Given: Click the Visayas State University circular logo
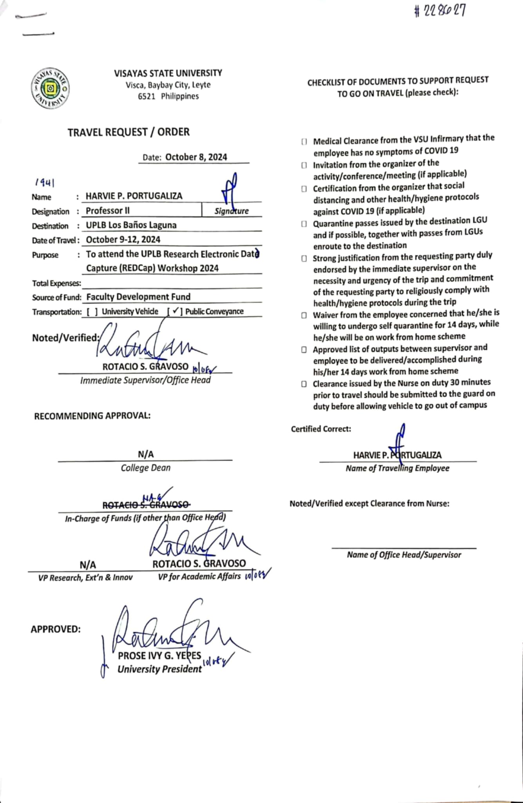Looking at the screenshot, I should tap(51, 89).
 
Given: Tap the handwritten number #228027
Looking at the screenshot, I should tap(440, 11).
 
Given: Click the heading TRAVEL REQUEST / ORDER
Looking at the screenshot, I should tap(128, 132).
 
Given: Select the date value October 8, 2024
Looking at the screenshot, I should tap(196, 157).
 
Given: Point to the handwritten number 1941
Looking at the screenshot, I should tap(44, 183).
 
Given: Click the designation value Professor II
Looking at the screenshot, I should tap(108, 211).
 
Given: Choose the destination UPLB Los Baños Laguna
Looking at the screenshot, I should tap(131, 225).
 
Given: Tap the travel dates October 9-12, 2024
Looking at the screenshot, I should tap(123, 240).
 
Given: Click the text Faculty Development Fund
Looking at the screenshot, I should tap(138, 297).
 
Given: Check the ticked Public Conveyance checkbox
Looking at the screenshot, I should tap(175, 311).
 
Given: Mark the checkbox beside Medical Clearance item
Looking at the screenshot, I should tap(304, 142).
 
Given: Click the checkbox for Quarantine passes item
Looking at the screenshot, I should tap(304, 224).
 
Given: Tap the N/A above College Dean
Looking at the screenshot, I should tap(146, 454).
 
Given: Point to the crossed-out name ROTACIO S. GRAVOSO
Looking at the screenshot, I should tap(146, 505).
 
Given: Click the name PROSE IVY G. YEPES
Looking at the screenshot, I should tap(159, 656).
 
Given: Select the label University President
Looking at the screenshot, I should tap(159, 669).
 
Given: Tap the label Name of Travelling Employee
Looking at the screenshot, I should tap(397, 468).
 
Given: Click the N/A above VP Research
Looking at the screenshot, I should tap(88, 565).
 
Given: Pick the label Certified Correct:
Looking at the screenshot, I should tap(321, 429).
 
